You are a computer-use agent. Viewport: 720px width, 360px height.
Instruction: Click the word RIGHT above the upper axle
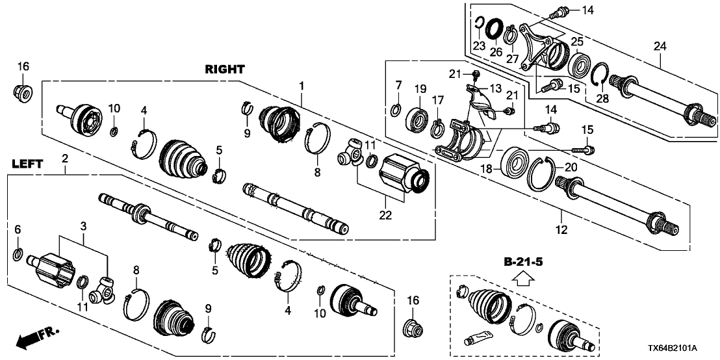click(225, 69)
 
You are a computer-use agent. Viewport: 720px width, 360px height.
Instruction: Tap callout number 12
click(561, 229)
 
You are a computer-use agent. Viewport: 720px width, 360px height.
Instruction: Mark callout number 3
click(83, 225)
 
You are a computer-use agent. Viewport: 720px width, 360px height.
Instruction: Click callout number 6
click(18, 229)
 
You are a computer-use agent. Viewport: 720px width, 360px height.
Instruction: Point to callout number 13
click(495, 88)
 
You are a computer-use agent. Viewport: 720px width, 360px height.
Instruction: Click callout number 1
click(302, 84)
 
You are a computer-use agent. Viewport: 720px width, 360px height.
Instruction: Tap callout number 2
click(64, 158)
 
